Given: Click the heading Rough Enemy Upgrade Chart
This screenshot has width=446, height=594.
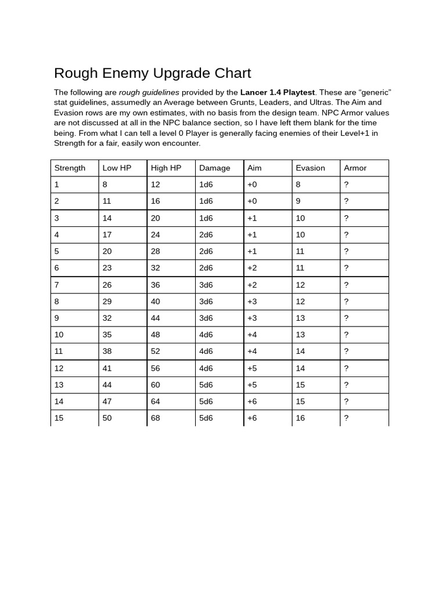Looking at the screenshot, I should [x=152, y=73].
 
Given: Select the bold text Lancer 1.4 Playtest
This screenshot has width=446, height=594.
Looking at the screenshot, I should [x=277, y=92].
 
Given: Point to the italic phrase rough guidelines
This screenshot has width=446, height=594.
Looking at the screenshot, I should [x=149, y=92].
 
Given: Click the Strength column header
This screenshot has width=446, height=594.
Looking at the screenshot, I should [x=70, y=168].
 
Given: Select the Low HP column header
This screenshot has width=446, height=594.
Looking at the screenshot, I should [x=117, y=168].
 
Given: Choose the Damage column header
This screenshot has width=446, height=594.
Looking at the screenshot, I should [x=214, y=168].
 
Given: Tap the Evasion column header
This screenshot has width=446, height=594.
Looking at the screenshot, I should [x=310, y=168].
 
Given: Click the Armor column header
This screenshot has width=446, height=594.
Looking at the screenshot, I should [x=355, y=168].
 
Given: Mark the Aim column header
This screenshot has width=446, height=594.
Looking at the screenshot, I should [x=254, y=168].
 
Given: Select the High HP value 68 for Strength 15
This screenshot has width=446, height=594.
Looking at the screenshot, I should [x=156, y=418].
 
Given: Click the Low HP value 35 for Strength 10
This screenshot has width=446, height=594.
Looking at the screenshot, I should [x=107, y=335].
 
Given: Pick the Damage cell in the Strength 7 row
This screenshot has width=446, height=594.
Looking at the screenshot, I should [x=206, y=285].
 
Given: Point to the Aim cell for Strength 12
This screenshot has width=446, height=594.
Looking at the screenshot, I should [x=252, y=368].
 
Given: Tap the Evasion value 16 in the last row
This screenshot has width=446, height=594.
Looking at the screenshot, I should [x=300, y=418].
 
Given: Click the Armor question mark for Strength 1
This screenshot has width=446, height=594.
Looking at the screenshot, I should [x=346, y=184].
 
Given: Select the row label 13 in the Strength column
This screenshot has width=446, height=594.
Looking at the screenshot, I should [x=59, y=385].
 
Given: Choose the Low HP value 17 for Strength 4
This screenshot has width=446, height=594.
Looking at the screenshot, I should [x=107, y=235].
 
